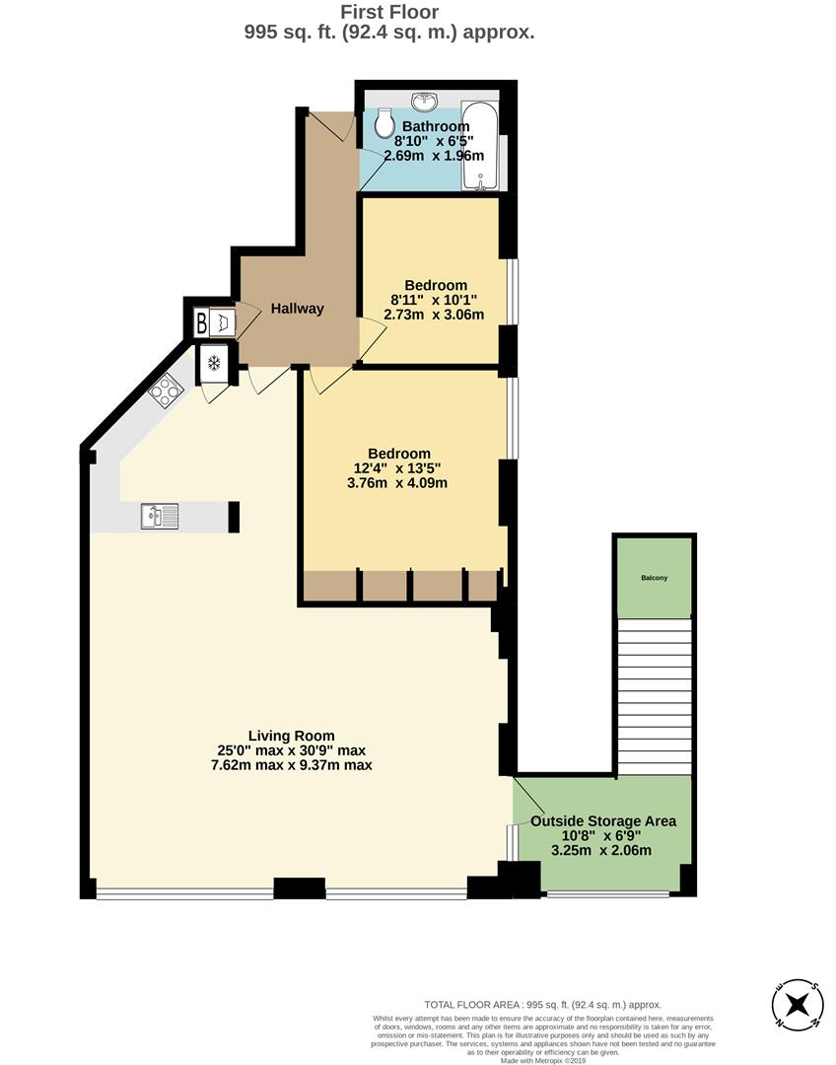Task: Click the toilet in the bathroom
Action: click(x=385, y=122)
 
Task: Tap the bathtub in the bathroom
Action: click(x=482, y=146)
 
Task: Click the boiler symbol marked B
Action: click(x=202, y=322)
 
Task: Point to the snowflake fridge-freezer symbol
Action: click(x=213, y=364)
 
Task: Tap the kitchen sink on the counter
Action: click(x=159, y=516)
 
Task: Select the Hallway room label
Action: click(x=297, y=309)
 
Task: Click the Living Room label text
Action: click(x=291, y=736)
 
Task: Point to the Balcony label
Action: click(x=654, y=578)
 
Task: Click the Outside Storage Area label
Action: click(x=603, y=820)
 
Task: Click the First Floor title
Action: click(x=389, y=12)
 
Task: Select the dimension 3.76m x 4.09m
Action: click(x=400, y=483)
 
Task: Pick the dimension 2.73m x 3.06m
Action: click(x=434, y=316)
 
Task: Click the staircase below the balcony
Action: click(x=654, y=695)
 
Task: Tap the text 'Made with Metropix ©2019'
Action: click(x=543, y=1060)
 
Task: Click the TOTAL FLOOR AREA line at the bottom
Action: click(x=543, y=1004)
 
